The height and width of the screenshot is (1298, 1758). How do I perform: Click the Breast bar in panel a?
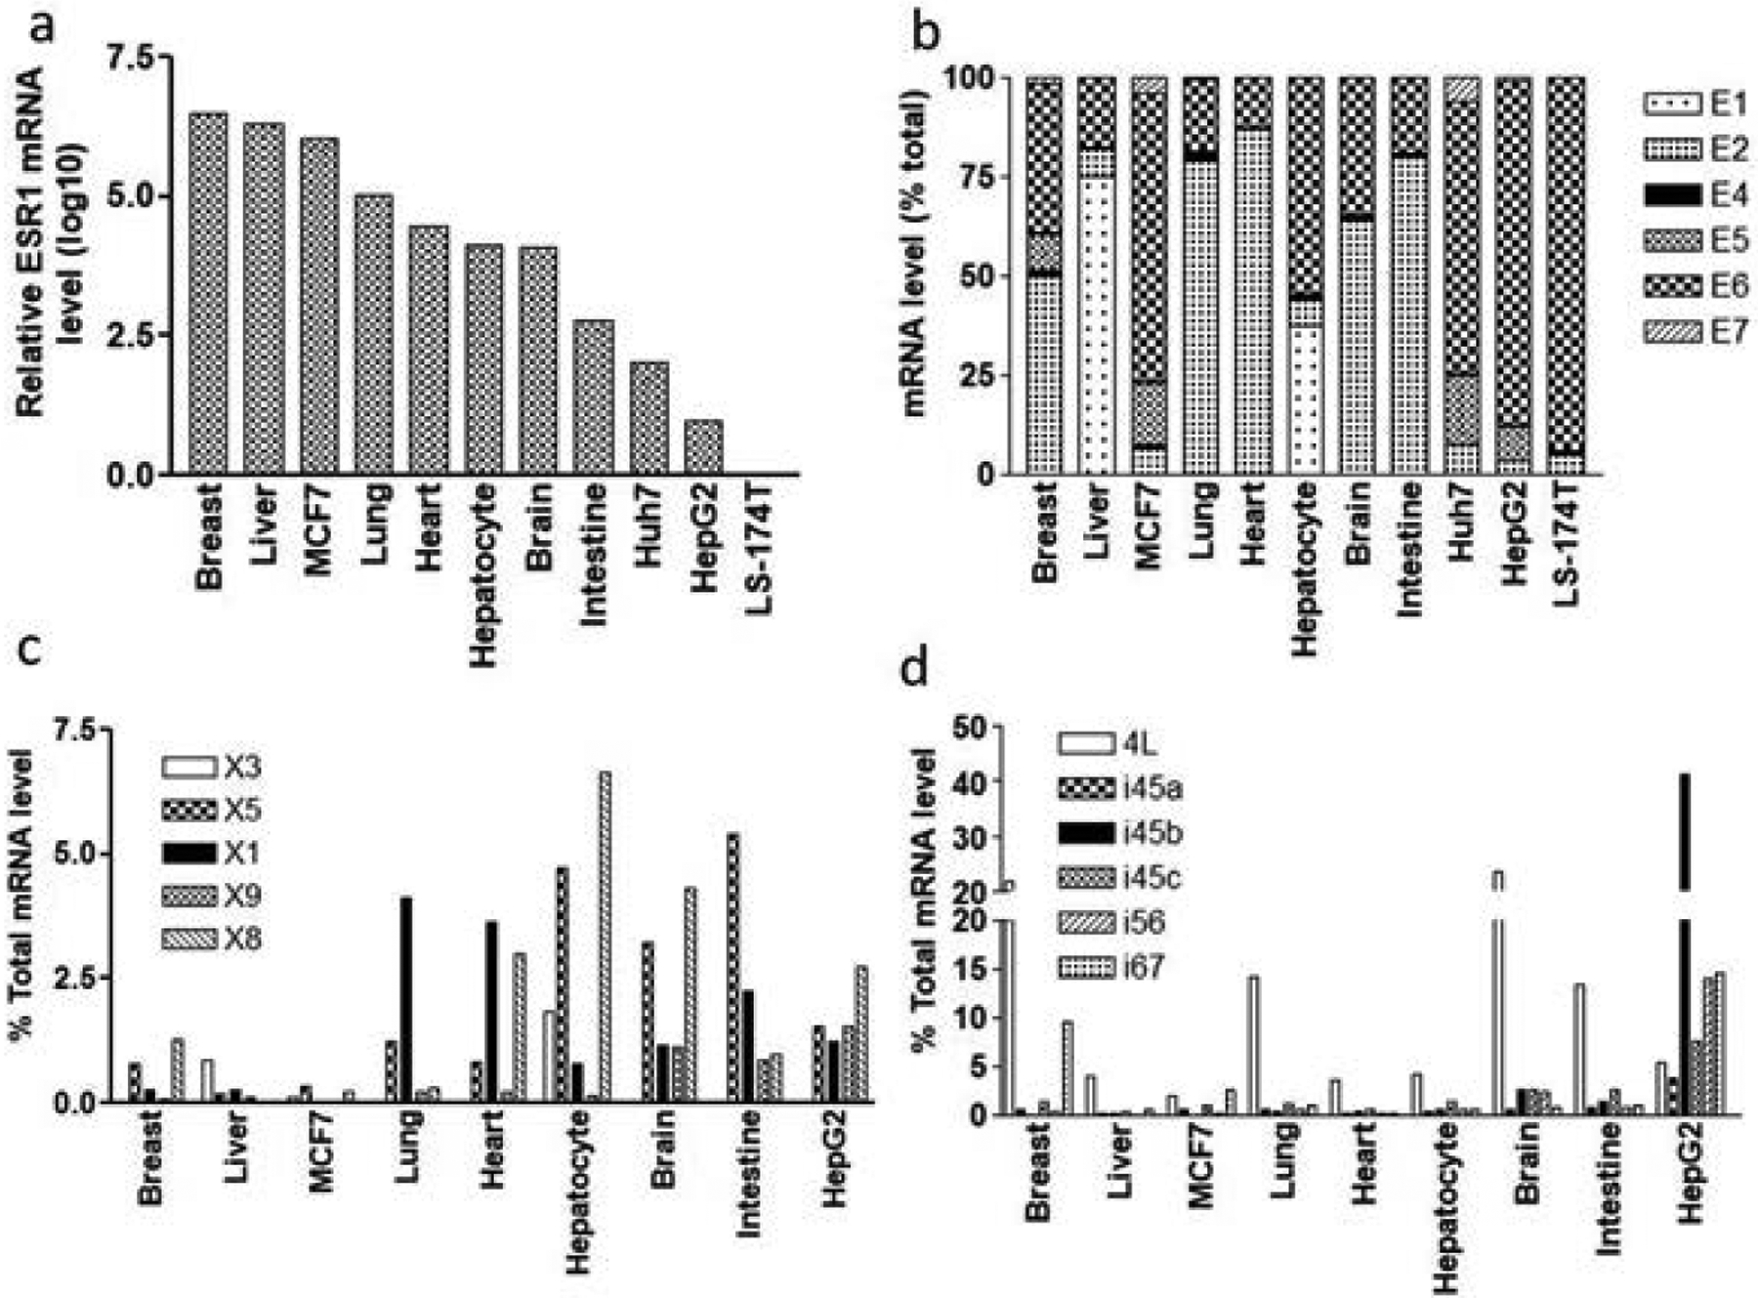208,293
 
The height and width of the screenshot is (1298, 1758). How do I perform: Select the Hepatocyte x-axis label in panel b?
1307,547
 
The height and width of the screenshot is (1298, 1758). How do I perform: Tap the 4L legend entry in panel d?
1108,743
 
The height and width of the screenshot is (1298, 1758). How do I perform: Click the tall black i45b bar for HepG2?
1684,938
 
